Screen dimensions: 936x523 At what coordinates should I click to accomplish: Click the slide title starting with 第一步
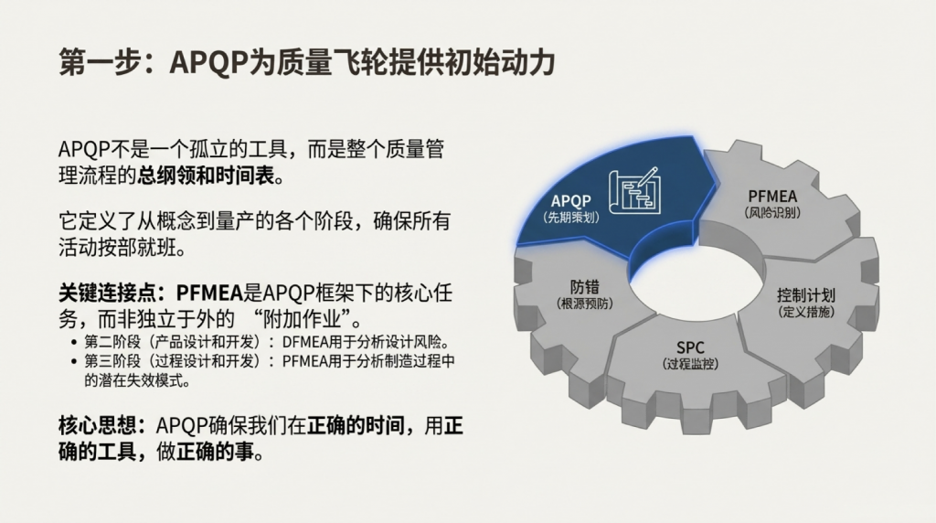pos(307,62)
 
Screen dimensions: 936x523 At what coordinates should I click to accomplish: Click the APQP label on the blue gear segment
pos(570,200)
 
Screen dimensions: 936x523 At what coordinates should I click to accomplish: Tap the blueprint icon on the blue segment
pos(634,190)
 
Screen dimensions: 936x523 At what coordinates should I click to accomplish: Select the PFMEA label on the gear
pos(772,196)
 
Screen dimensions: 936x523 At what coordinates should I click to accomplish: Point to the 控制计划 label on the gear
pos(806,295)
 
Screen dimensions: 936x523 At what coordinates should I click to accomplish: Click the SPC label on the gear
pos(690,347)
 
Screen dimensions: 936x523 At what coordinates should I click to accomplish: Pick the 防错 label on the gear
pos(584,286)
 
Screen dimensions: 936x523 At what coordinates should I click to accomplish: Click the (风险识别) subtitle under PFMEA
pos(772,212)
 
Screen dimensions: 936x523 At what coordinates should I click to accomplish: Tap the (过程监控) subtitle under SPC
pos(690,364)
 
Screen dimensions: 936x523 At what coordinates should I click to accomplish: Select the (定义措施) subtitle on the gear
pos(806,312)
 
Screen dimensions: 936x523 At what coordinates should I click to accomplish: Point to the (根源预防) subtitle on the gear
pos(584,304)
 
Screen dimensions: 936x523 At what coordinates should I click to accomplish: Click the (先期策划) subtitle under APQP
pos(571,218)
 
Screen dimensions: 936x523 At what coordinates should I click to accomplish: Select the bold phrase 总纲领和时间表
pos(206,176)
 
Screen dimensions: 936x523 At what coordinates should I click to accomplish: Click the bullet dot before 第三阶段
pos(74,361)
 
